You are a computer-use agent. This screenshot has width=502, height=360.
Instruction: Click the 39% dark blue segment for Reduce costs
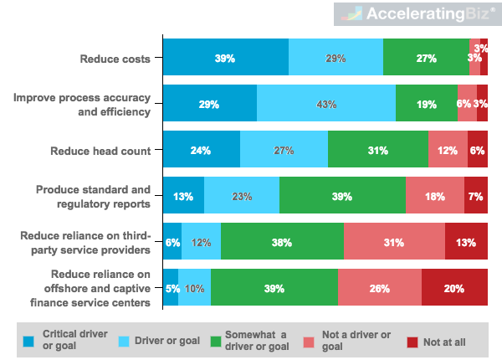click(x=225, y=59)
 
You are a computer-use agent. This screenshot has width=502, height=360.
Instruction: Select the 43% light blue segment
click(x=326, y=105)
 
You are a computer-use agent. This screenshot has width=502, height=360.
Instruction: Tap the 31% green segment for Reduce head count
click(x=377, y=151)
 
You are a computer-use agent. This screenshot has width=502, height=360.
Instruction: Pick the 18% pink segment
click(x=434, y=197)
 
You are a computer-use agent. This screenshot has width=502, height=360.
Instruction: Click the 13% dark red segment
click(x=466, y=243)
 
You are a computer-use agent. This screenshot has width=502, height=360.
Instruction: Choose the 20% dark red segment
click(x=454, y=289)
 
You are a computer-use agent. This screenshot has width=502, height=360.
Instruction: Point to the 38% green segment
click(x=282, y=243)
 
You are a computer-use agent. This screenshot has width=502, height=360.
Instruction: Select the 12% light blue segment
click(x=201, y=243)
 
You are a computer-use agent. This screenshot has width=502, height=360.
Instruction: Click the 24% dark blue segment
click(x=201, y=151)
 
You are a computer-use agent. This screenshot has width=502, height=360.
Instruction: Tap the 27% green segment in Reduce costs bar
click(x=426, y=59)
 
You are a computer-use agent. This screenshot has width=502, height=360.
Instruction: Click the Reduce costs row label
click(x=115, y=59)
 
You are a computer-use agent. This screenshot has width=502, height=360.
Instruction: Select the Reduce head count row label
click(x=111, y=151)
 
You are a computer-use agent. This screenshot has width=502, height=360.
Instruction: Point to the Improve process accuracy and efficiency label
click(x=82, y=105)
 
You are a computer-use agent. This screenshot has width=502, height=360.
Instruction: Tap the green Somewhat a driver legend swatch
click(x=216, y=341)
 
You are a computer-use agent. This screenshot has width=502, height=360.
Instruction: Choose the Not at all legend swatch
click(x=412, y=341)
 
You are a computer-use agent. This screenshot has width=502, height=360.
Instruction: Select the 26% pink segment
click(x=379, y=289)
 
